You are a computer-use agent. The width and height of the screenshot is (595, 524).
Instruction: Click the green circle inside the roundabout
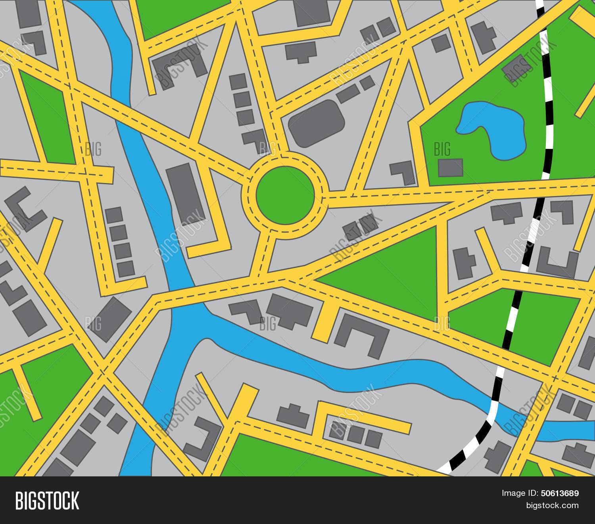coord(285,195)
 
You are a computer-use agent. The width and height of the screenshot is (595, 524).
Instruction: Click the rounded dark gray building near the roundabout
coord(316,123)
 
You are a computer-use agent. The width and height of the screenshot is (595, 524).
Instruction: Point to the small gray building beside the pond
coord(450,168)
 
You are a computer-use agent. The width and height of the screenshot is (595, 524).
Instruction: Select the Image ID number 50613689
coord(560,493)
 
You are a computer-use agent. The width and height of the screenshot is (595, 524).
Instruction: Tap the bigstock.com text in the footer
coord(552,505)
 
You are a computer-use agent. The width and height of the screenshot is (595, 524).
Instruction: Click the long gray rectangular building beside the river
coord(185,193)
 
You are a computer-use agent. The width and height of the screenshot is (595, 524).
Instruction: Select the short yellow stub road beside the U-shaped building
coord(326,322)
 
